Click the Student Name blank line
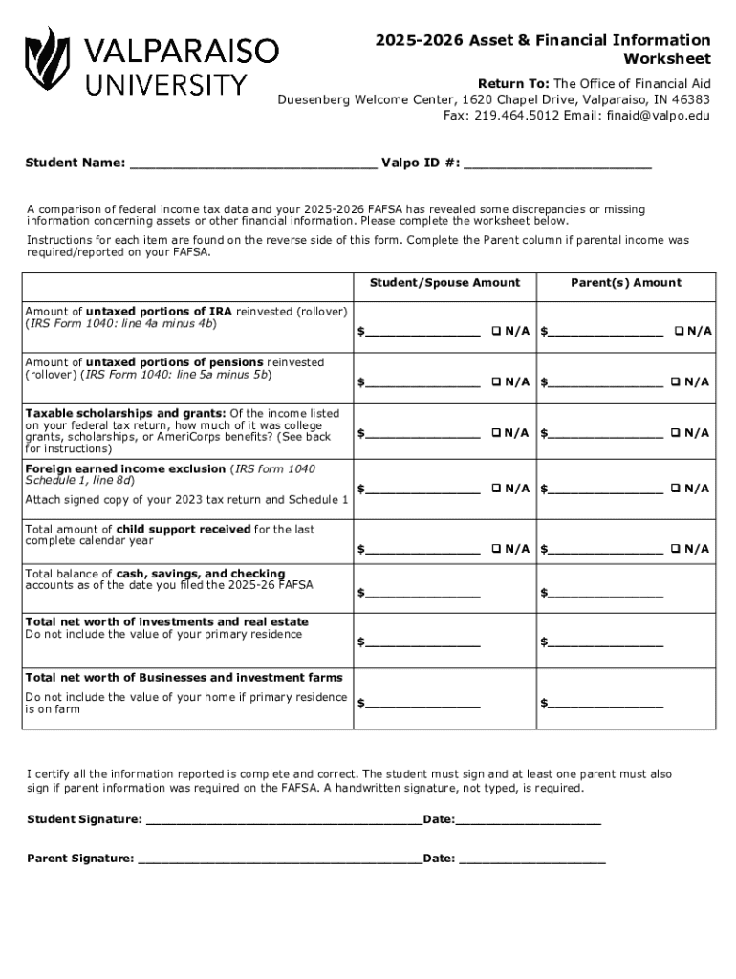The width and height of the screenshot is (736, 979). tap(252, 164)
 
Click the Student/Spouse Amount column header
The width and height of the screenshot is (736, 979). tap(444, 283)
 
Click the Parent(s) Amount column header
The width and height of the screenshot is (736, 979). tap(626, 283)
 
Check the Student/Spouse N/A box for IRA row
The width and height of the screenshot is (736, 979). tap(496, 332)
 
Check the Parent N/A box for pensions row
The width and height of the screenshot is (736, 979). tap(676, 382)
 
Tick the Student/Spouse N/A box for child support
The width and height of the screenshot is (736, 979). tap(496, 549)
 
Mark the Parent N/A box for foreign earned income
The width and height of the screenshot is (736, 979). tap(676, 489)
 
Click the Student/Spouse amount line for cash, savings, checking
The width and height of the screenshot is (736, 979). tap(422, 595)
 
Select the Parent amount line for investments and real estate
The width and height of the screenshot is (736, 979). tap(604, 642)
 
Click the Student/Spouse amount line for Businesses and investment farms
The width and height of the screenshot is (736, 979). tap(422, 706)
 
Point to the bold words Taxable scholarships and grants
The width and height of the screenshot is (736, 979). tap(125, 413)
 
